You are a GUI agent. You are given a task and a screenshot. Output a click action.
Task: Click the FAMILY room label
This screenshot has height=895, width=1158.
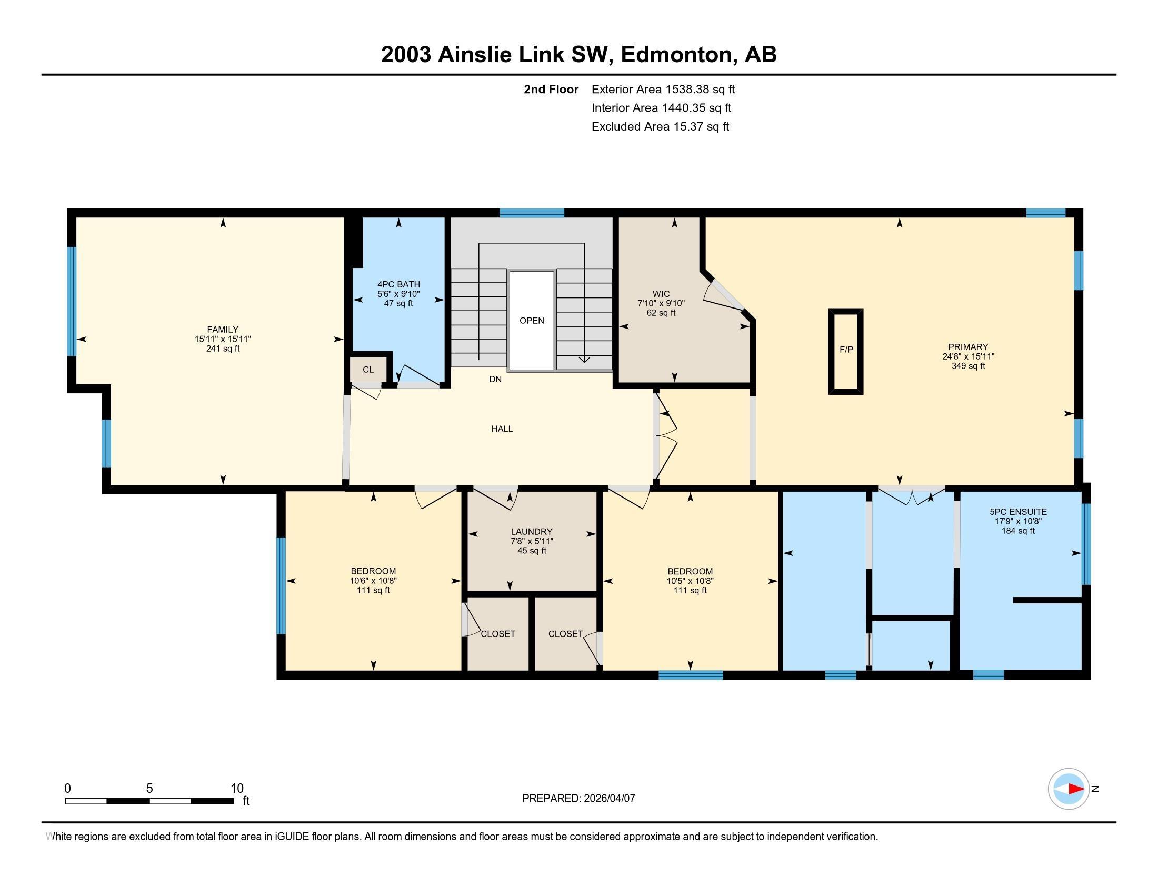pos(223,329)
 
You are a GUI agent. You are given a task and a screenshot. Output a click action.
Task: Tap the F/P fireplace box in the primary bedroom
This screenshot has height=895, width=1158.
pos(846,351)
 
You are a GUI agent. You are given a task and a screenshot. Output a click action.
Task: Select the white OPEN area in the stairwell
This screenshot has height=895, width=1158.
pos(531,321)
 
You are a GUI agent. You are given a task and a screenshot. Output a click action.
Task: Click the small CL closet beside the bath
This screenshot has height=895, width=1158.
pos(368,370)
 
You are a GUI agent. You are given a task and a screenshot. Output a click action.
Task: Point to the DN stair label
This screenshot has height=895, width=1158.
pos(495,379)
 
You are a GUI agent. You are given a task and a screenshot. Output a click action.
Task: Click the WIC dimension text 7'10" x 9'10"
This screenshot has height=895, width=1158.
pos(661,303)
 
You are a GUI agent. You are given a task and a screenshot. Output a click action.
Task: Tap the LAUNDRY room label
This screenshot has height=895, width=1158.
pos(531,531)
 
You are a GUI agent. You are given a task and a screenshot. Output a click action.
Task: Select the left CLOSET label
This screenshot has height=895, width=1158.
pos(497,633)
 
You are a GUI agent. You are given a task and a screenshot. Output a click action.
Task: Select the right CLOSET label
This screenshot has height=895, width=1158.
pos(565,633)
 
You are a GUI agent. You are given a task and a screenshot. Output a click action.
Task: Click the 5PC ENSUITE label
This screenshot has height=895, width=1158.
pos(1017,512)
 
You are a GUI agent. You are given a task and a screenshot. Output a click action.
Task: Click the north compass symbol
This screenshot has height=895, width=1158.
pos(1069,789)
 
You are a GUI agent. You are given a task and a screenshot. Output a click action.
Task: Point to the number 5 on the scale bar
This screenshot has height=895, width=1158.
pos(149,789)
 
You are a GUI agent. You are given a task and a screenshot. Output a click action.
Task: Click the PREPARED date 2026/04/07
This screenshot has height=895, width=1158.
pos(608,799)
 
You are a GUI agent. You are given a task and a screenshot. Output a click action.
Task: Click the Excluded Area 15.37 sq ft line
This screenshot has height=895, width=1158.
pos(660,127)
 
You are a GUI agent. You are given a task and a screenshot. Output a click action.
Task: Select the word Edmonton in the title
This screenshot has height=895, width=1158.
pos(676,55)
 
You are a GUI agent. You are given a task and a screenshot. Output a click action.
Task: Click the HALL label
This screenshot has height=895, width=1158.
pos(502,429)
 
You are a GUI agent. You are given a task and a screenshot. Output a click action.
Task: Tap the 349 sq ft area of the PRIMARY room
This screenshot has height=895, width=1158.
pos(967,366)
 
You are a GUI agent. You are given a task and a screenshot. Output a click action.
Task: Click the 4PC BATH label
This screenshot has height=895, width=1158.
pos(398,285)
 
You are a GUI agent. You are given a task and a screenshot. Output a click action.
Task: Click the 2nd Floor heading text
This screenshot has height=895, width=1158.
pos(551,89)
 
